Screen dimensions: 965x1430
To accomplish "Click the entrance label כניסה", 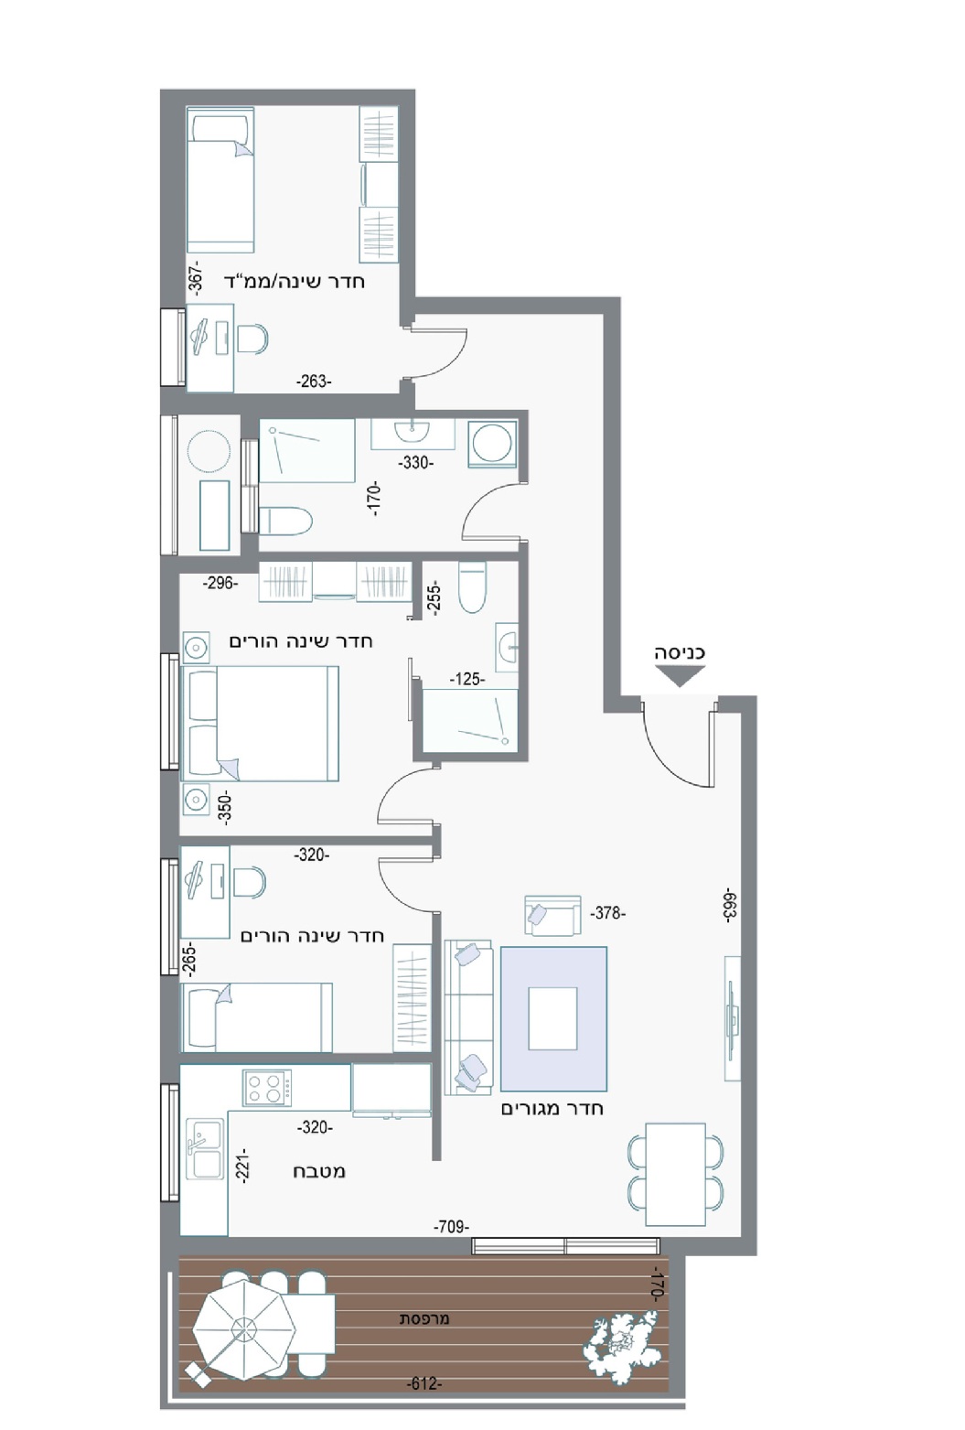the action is [x=679, y=652].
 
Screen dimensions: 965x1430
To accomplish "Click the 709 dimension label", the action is [x=451, y=1226].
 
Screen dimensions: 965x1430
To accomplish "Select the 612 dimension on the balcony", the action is [x=424, y=1383].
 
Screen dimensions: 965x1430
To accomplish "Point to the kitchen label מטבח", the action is [x=319, y=1171].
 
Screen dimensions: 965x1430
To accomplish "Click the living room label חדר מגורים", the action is [x=552, y=1108].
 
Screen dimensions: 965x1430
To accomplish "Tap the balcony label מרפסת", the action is [x=424, y=1319].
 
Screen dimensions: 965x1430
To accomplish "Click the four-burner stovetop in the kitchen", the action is [x=267, y=1087].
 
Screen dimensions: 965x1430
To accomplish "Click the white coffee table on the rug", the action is [x=552, y=1018].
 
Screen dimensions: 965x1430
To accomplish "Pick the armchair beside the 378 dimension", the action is [x=552, y=916].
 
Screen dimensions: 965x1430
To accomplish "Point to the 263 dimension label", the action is [x=314, y=382].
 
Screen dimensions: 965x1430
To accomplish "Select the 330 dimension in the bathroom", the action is [x=415, y=462].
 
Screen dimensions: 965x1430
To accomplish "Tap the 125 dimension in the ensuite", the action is [x=467, y=679].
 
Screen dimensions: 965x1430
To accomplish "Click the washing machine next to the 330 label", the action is [x=491, y=443].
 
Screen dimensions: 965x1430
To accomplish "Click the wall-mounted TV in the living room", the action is [x=733, y=1018].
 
